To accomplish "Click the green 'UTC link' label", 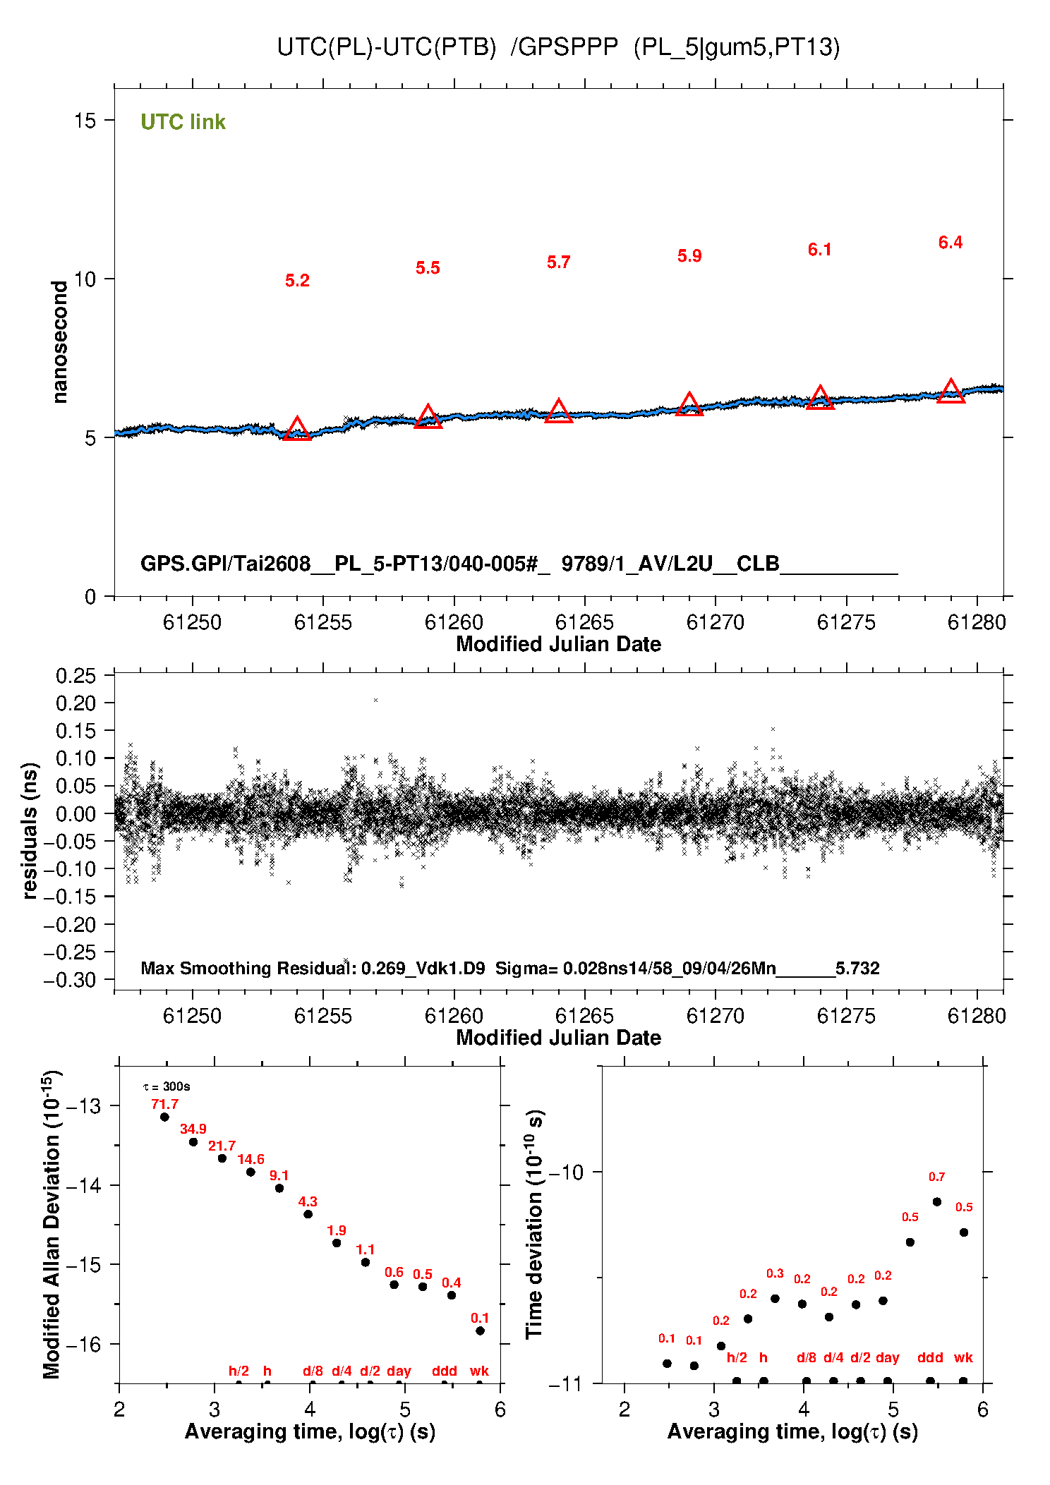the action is coord(183,122).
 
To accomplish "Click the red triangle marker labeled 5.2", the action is coord(297,429).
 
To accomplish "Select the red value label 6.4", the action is coord(951,243).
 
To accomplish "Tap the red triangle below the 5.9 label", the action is coord(689,404).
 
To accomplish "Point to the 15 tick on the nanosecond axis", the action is coord(85,120).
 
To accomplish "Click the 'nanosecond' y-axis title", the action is coord(59,342).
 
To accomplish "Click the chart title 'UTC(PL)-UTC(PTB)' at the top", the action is coord(387,47).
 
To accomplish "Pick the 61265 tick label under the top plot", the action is coord(584,622).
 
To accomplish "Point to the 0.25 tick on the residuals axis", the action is coord(76,676).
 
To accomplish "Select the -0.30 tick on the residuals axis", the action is coord(70,980).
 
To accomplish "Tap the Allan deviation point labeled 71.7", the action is coord(164,1117).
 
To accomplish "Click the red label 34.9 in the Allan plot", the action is coord(193,1129).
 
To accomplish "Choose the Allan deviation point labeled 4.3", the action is coord(308,1214).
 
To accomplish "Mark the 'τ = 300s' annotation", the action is coord(167,1086).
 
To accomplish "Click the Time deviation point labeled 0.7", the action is coord(937,1201).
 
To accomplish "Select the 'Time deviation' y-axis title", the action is coord(535,1225).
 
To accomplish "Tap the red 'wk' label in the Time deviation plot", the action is coord(963,1357).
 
